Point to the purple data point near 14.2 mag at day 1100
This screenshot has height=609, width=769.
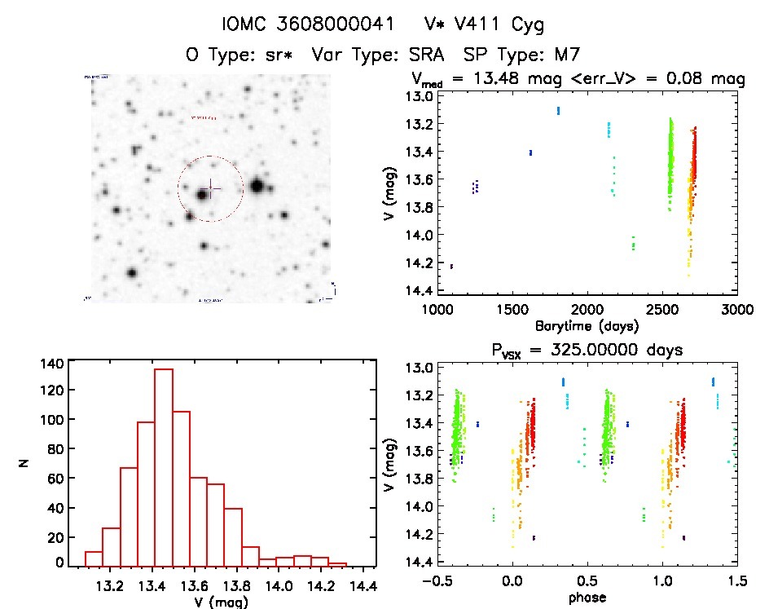click(x=451, y=266)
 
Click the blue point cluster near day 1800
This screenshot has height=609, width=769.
click(x=558, y=110)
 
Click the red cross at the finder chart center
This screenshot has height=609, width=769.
click(x=210, y=188)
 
